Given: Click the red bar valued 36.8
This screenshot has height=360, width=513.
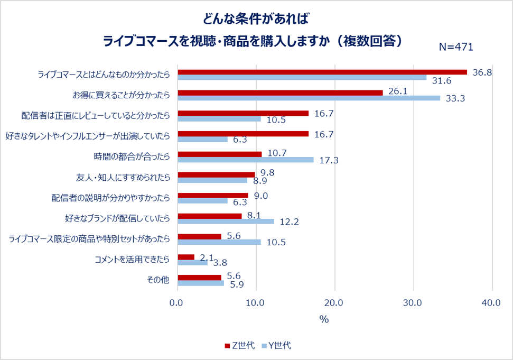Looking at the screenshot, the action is [322, 72].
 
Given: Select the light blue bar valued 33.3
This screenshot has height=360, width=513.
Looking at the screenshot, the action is [309, 98].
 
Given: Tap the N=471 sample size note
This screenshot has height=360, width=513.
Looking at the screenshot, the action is [456, 47].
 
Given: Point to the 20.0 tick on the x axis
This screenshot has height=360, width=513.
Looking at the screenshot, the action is [335, 303].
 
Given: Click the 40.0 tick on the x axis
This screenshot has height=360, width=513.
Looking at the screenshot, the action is [492, 303].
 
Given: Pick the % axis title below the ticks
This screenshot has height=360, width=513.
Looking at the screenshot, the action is [324, 319].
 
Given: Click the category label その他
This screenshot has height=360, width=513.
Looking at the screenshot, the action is [158, 280].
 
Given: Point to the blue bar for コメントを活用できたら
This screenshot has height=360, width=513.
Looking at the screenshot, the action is [193, 263].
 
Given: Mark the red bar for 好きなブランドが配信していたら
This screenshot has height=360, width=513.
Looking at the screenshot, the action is [210, 216].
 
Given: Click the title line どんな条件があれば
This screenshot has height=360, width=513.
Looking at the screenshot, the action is [256, 19].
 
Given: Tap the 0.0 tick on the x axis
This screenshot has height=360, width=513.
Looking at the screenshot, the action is [178, 303].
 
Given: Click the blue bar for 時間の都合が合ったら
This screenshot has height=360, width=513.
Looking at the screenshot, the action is [246, 160].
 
